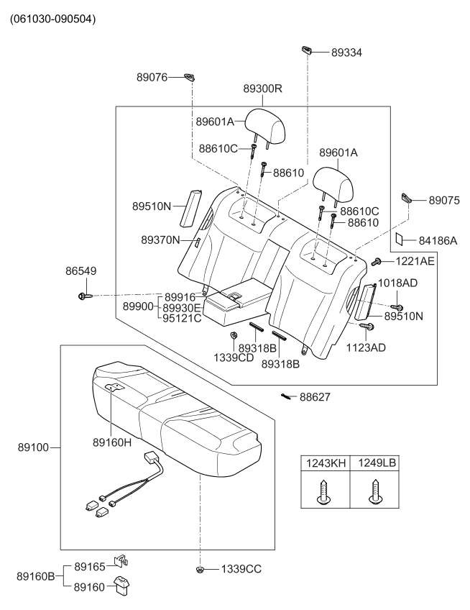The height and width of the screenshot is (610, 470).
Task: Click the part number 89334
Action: pyautogui.click(x=346, y=52)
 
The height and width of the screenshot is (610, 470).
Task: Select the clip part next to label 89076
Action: pyautogui.click(x=190, y=76)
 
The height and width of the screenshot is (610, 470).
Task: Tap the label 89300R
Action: pyautogui.click(x=262, y=89)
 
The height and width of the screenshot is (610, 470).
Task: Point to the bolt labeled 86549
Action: pyautogui.click(x=81, y=296)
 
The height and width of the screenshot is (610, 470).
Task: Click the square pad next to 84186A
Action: pyautogui.click(x=404, y=240)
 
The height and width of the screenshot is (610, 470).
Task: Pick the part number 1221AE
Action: pyautogui.click(x=413, y=262)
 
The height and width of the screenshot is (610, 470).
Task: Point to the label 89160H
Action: pyautogui.click(x=112, y=443)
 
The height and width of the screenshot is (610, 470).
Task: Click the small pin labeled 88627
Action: pyautogui.click(x=287, y=396)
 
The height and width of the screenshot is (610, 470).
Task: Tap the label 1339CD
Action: pyautogui.click(x=234, y=356)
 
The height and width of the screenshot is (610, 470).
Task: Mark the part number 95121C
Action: pyautogui.click(x=182, y=318)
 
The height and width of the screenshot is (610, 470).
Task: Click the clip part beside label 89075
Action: pyautogui.click(x=407, y=199)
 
